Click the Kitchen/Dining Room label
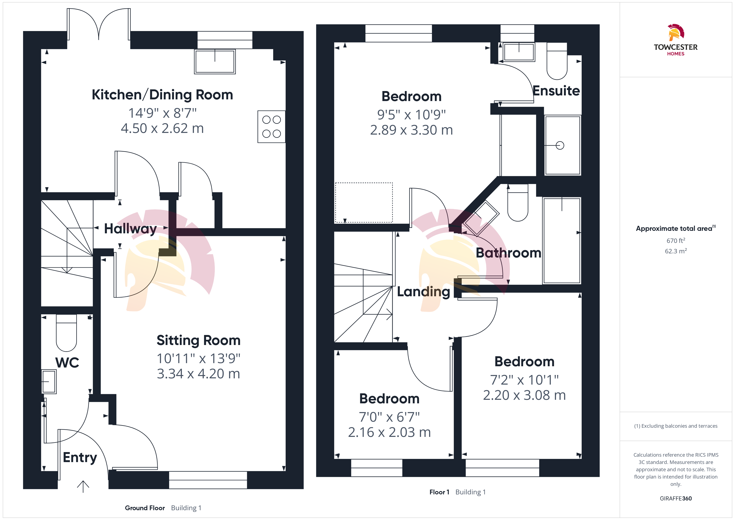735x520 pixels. click(162, 95)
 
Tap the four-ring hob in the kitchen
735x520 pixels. click(271, 126)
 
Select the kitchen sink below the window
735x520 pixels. click(215, 61)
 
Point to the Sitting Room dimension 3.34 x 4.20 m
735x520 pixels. click(199, 374)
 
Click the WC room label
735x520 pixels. click(67, 362)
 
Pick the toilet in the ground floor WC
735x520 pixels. click(66, 333)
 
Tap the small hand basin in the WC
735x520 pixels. click(49, 381)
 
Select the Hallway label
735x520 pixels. click(131, 229)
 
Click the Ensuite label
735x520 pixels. click(556, 91)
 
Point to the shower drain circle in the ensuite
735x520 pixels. click(560, 145)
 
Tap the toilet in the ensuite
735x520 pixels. click(557, 61)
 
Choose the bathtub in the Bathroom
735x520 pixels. click(562, 240)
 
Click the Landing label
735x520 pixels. click(424, 292)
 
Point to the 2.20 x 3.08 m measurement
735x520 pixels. click(524, 395)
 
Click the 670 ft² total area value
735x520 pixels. click(676, 240)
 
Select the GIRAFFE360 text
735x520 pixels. click(676, 499)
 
